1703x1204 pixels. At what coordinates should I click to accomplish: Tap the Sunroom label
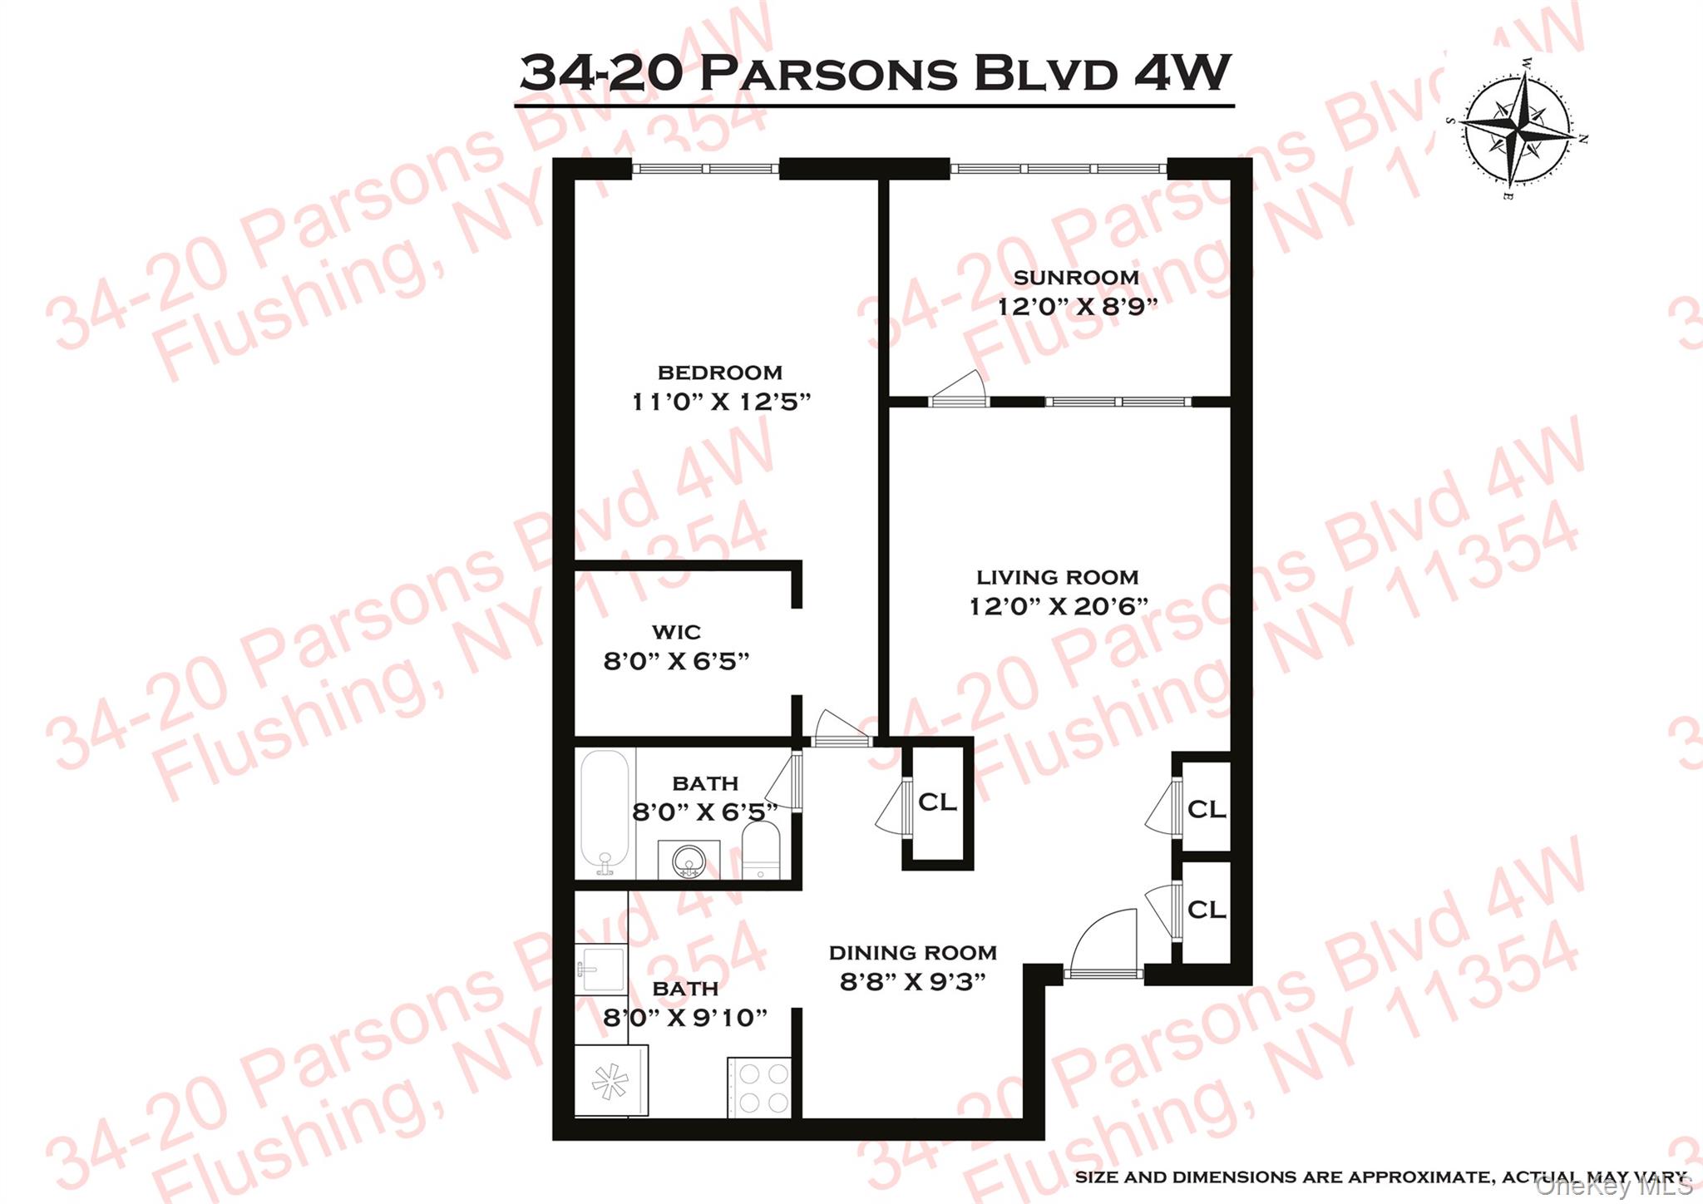tap(1076, 278)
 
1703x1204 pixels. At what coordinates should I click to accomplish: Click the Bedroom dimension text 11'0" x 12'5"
tap(720, 402)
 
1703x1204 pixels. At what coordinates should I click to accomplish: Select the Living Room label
tap(1057, 577)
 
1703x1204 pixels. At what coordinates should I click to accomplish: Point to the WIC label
tap(676, 633)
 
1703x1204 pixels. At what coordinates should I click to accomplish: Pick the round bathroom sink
tap(689, 860)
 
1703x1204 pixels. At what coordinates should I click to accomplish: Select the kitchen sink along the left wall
tap(600, 970)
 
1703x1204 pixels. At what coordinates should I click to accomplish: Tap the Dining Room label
tap(912, 953)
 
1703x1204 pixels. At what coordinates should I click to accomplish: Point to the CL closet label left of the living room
tap(937, 802)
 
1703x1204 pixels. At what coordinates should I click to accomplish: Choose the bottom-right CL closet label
tap(1207, 910)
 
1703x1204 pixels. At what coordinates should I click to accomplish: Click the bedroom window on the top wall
tap(705, 169)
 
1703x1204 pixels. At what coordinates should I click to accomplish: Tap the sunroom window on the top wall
tap(1058, 169)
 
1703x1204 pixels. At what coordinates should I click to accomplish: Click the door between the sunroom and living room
tap(959, 391)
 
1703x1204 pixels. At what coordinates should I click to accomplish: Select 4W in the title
tap(1182, 72)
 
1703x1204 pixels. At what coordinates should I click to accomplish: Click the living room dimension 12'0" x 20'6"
tap(1059, 606)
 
